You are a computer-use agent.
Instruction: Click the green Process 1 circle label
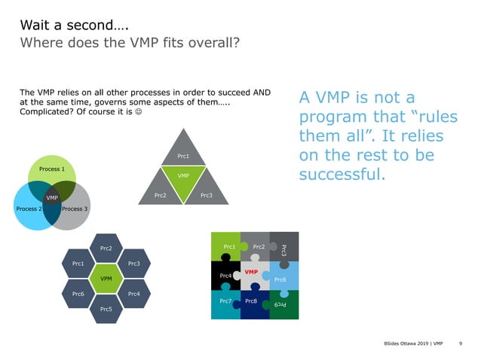(x=51, y=169)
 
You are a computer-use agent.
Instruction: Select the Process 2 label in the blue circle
(x=28, y=209)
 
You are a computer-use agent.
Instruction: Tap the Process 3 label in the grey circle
(x=75, y=209)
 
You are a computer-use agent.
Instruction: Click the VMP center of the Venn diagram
(x=51, y=198)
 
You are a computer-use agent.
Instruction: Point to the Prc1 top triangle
(x=183, y=156)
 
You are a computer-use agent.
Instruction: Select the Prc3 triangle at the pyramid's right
(x=206, y=196)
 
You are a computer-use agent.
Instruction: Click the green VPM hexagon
(x=106, y=279)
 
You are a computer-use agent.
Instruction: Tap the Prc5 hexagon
(x=106, y=309)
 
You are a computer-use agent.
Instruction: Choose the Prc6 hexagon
(x=78, y=293)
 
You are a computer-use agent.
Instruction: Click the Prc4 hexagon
(x=134, y=293)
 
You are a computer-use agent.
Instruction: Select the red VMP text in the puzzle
(x=251, y=271)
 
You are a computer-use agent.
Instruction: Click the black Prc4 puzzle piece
(x=225, y=276)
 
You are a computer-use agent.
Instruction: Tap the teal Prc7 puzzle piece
(x=225, y=303)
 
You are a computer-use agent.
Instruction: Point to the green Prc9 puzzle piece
(x=282, y=304)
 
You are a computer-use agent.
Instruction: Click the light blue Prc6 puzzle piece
(x=281, y=279)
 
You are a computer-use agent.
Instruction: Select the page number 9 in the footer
(x=460, y=344)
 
